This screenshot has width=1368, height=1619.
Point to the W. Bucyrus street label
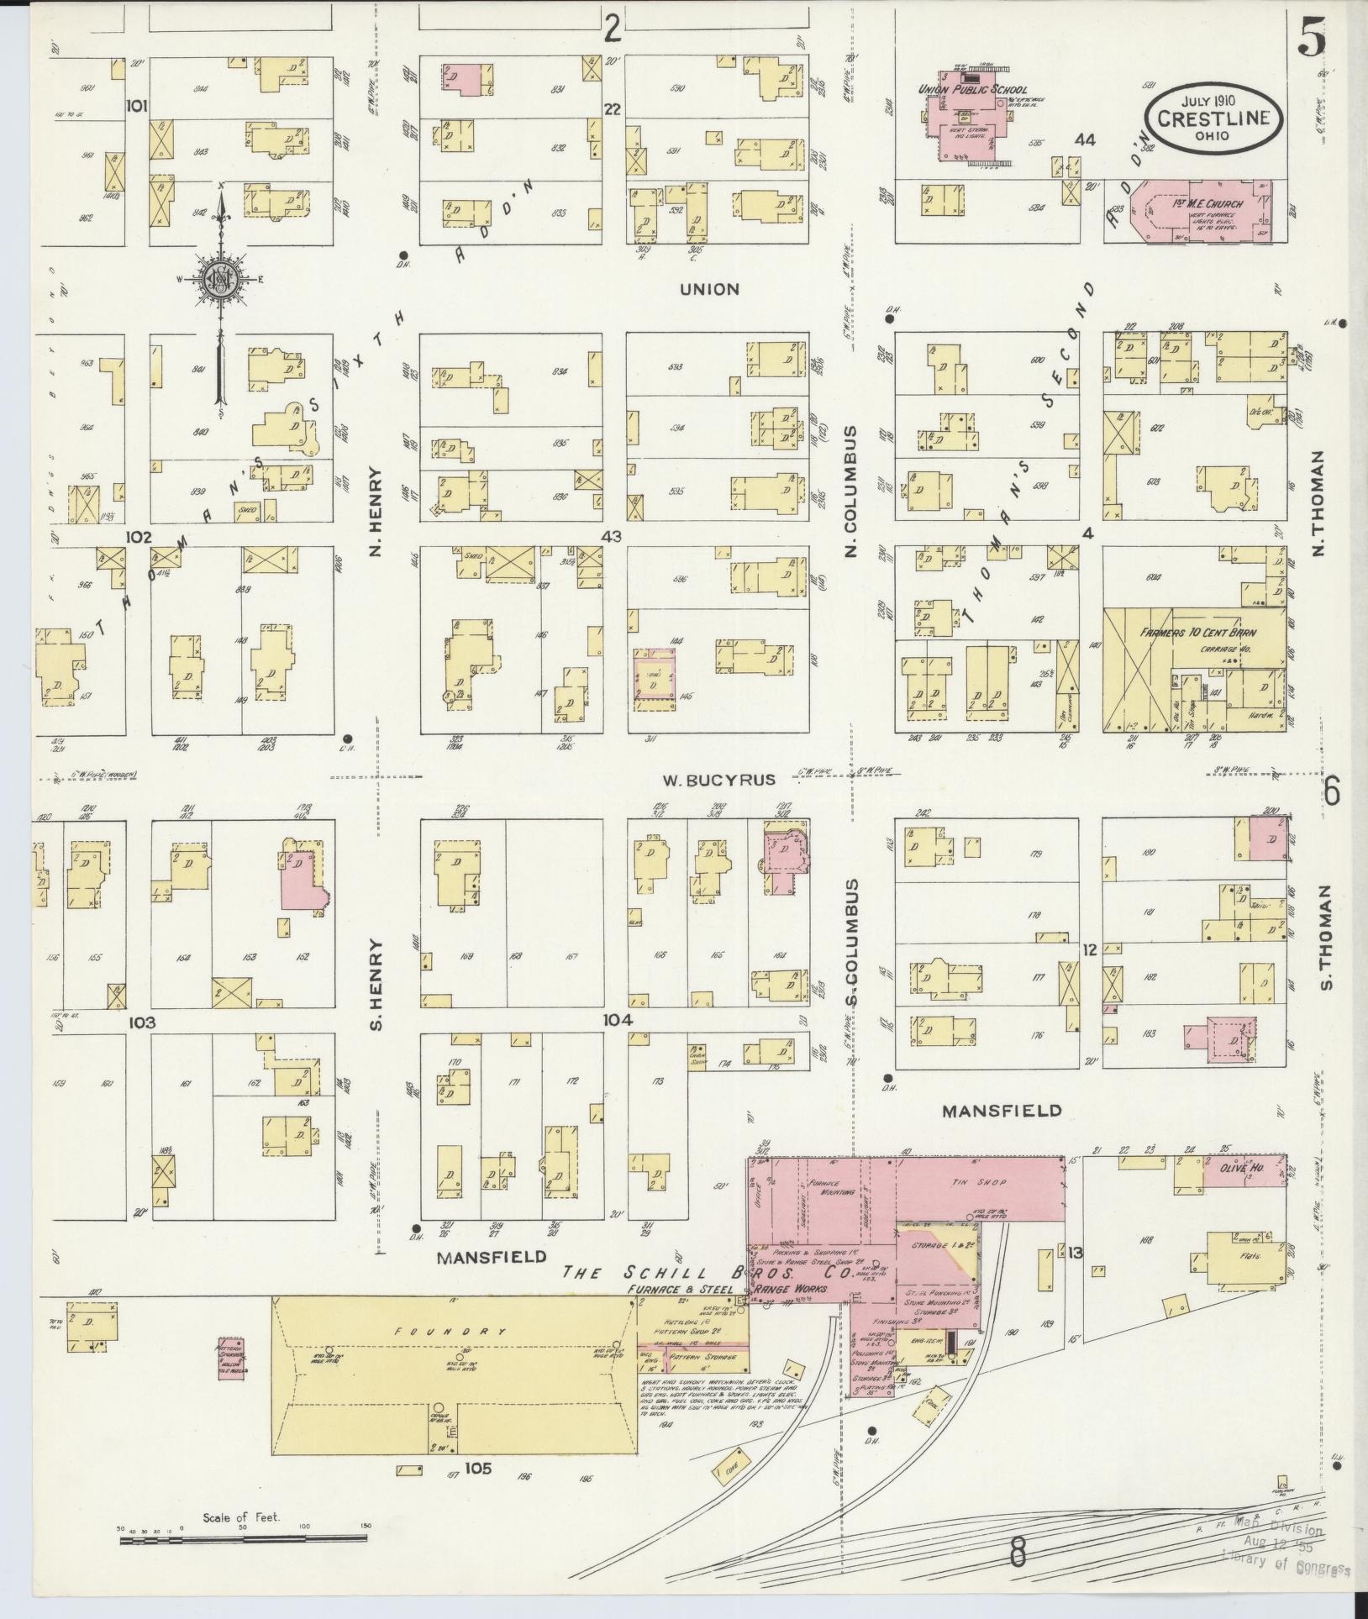point(718,780)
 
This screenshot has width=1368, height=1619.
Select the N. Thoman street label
point(1317,502)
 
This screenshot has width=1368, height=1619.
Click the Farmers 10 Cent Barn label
point(1196,631)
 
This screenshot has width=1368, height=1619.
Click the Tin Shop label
point(991,1182)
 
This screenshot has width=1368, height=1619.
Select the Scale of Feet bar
point(244,1539)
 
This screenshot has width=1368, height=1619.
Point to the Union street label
point(710,289)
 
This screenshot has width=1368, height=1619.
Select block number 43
point(611,536)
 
